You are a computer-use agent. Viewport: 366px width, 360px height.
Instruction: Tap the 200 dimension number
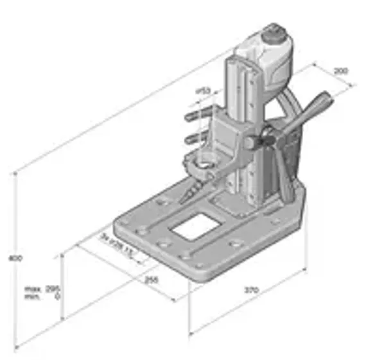(x=341, y=71)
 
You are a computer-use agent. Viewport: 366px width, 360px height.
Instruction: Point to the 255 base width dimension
(x=152, y=280)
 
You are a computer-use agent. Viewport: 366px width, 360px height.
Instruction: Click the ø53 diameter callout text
(x=203, y=92)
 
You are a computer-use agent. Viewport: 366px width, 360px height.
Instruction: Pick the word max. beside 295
(x=31, y=288)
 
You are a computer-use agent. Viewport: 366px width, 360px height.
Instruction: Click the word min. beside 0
(x=31, y=296)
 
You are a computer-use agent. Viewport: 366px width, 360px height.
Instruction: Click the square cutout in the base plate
(x=191, y=226)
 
